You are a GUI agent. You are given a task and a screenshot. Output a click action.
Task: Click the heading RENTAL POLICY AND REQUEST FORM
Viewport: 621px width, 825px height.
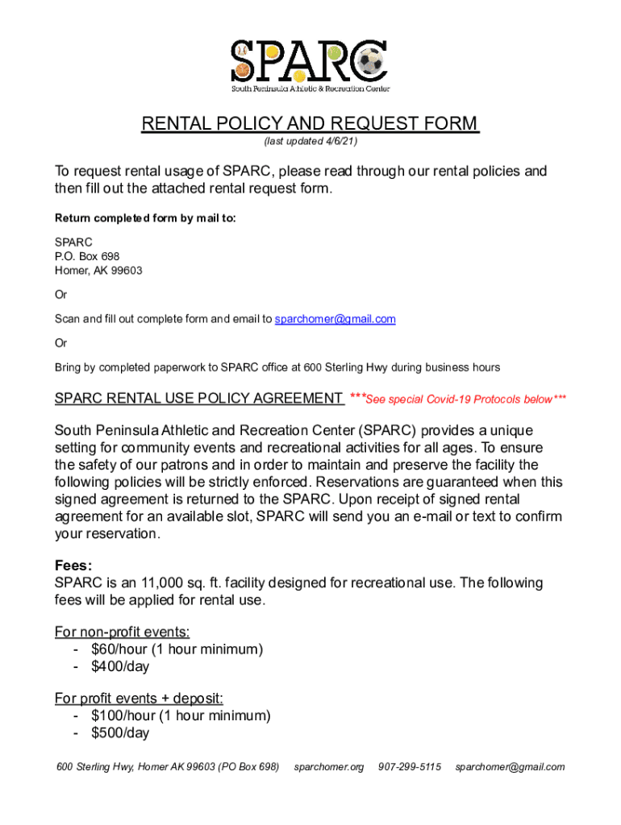[x=310, y=124]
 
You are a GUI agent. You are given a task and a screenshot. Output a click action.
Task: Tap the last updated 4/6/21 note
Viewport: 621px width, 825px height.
[x=310, y=142]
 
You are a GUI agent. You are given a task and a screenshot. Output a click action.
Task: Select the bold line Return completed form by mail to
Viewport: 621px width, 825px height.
[x=145, y=218]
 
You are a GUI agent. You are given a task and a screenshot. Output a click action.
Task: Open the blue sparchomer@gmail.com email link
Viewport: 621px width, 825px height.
[x=335, y=319]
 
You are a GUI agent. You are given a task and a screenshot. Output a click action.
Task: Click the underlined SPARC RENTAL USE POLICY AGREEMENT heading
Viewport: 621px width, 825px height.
[x=198, y=399]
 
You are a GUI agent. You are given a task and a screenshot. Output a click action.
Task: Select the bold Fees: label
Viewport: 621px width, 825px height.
[x=73, y=566]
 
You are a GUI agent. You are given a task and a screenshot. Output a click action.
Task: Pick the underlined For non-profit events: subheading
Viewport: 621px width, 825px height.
[x=122, y=632]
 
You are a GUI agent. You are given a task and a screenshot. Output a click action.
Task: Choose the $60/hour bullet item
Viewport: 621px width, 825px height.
[x=177, y=649]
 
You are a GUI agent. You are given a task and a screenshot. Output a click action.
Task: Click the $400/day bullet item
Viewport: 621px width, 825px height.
[x=120, y=667]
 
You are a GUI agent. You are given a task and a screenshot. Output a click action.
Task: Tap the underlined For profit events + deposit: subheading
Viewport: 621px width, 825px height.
[x=139, y=698]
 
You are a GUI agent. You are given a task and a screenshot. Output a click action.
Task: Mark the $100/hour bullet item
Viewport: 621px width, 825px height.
[x=181, y=715]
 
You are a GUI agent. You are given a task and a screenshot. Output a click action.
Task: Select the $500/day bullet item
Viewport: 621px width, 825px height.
[x=120, y=733]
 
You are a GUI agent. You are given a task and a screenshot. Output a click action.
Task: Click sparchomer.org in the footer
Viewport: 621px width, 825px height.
[x=329, y=767]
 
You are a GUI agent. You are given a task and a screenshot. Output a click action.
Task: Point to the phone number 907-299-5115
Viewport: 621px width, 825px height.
[x=410, y=767]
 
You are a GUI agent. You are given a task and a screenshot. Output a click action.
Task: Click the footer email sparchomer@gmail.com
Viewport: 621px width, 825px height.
[x=510, y=767]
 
